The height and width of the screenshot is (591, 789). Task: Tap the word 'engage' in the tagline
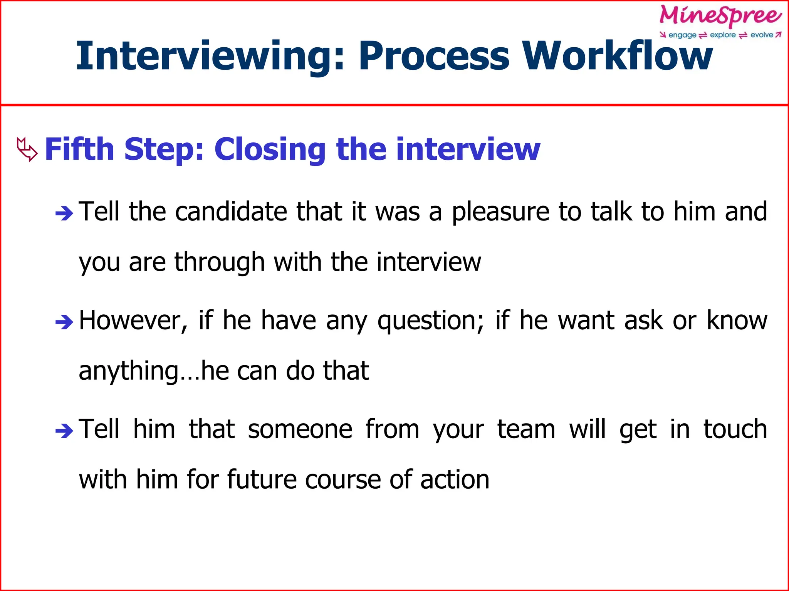click(682, 35)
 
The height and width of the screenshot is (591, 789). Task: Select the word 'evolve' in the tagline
click(762, 35)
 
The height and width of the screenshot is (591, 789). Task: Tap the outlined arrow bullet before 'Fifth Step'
click(27, 149)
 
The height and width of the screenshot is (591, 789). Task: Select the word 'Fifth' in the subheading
click(79, 149)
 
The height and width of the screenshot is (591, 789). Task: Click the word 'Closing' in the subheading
click(270, 149)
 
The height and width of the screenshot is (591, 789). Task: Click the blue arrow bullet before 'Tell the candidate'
click(64, 213)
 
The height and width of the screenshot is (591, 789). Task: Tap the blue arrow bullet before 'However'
click(64, 322)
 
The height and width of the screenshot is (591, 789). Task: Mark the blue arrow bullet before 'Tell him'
click(64, 431)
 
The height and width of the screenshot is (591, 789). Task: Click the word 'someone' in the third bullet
click(300, 429)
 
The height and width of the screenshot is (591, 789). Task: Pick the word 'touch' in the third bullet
click(735, 429)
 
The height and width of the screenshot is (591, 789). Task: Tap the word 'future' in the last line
click(261, 480)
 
